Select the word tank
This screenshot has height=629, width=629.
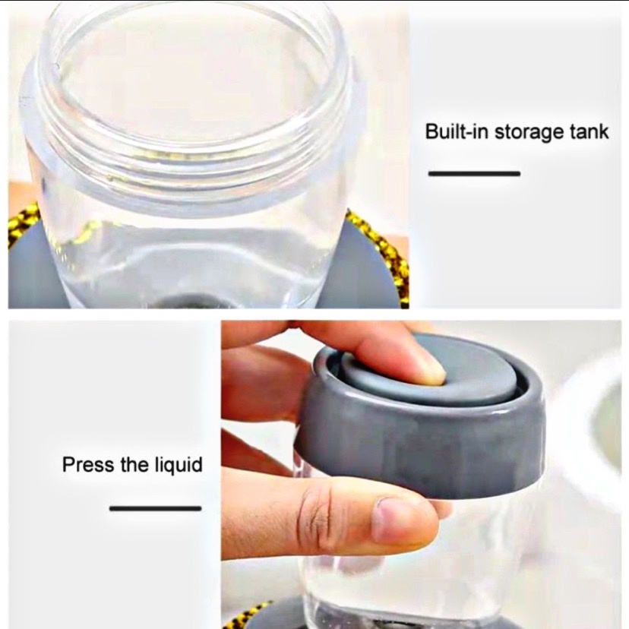point(589,131)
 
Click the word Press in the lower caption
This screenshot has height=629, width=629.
point(88,464)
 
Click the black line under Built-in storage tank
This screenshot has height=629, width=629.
point(474,174)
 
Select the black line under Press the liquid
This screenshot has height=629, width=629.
point(155,509)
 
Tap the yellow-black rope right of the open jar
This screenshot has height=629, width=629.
point(381,248)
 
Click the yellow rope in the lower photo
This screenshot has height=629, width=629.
point(248,617)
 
